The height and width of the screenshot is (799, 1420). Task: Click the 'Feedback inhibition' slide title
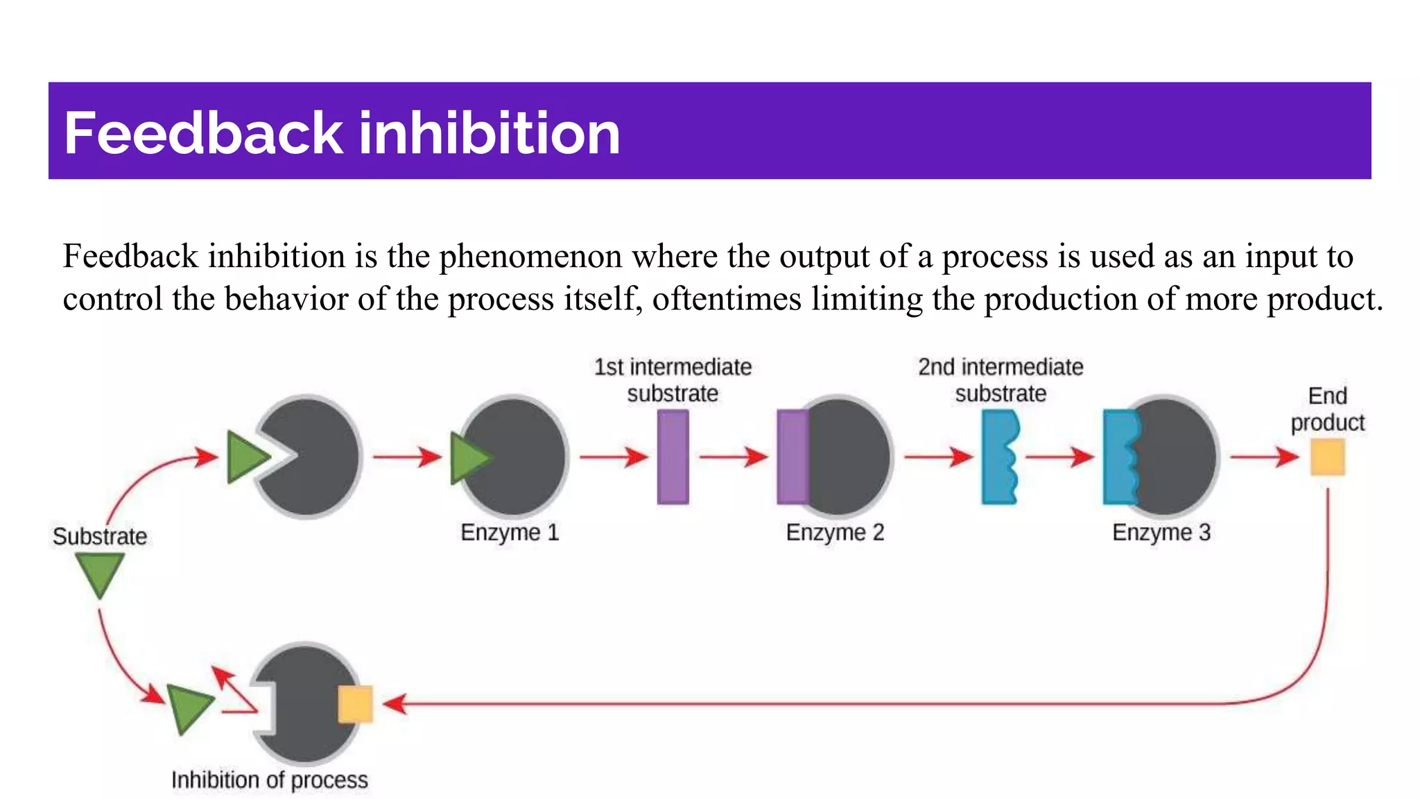[342, 132]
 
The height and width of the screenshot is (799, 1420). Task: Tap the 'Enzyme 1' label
[510, 533]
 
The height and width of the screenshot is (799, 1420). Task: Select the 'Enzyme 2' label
[835, 533]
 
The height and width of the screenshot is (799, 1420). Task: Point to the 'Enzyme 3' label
[1161, 533]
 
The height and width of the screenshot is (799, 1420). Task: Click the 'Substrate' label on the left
[100, 536]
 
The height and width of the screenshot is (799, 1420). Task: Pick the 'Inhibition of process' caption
[270, 780]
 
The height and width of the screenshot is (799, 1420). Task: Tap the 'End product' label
[1327, 409]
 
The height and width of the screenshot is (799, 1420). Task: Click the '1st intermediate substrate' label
[673, 380]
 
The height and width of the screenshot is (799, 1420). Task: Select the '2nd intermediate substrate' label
[1001, 380]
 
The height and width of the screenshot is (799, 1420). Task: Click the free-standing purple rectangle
[673, 456]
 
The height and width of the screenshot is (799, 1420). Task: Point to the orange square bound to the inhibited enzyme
[355, 704]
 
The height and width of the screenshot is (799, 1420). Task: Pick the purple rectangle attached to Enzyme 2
[793, 456]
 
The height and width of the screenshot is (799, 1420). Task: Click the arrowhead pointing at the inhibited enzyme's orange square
[393, 704]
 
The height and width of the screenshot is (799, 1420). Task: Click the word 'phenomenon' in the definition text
[535, 257]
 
